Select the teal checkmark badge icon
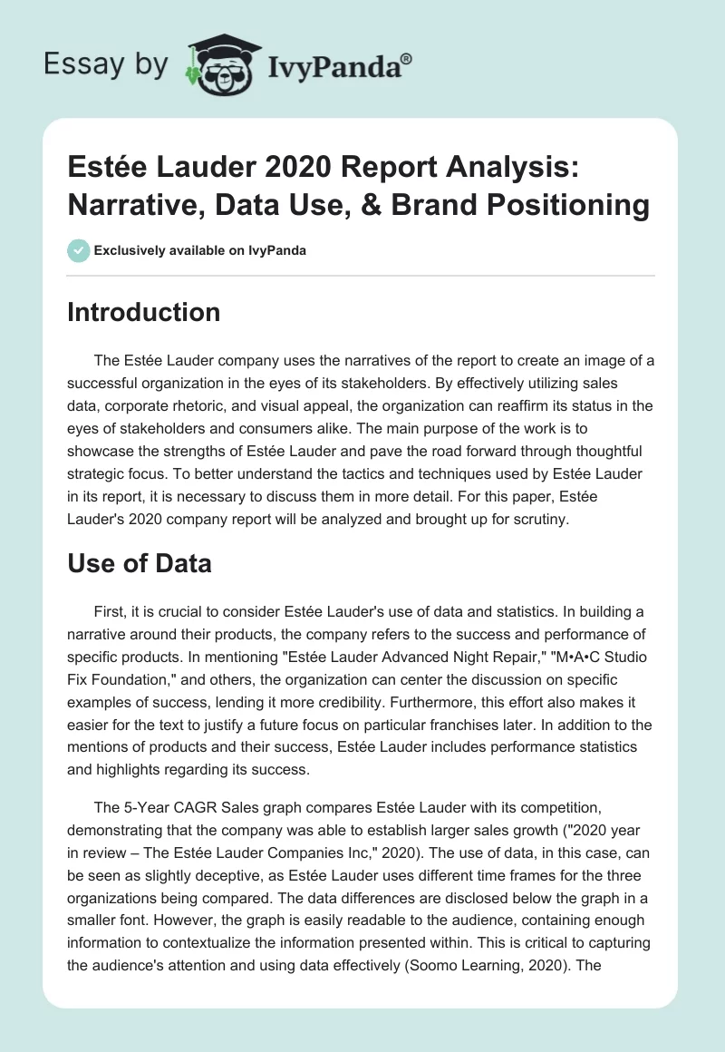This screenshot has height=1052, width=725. point(79,250)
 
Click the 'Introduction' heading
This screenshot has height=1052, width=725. point(143,312)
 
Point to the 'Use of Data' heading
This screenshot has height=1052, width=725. point(140,563)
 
